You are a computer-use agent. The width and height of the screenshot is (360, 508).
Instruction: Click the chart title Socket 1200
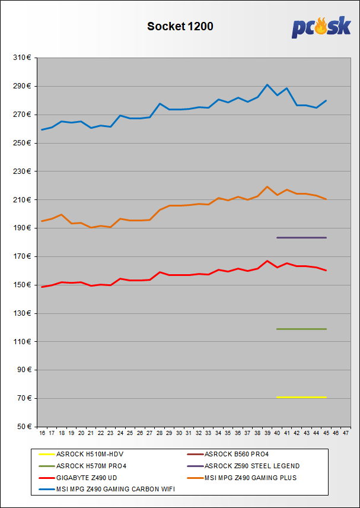point(180,26)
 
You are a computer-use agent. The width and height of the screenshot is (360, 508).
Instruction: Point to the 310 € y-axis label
point(21,58)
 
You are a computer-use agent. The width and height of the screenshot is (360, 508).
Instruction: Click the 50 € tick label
point(23,427)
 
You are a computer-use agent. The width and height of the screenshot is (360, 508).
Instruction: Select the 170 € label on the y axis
point(21,256)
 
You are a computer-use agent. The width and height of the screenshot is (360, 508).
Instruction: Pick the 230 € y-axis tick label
point(21,172)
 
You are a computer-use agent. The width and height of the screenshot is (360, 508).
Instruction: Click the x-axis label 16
point(42,434)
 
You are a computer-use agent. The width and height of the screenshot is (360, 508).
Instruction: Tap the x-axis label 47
point(346,434)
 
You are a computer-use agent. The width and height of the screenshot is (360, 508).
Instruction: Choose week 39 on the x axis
point(267,434)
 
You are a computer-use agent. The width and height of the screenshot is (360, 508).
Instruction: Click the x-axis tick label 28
point(160,434)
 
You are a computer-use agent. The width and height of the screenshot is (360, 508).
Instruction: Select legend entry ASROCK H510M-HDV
point(87,454)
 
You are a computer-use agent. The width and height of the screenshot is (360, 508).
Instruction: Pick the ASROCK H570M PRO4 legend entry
point(88,466)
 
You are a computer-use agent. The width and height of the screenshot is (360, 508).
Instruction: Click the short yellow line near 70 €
point(301,397)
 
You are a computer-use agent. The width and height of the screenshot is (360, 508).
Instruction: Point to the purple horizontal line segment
point(301,237)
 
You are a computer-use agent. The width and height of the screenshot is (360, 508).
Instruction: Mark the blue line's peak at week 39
point(267,85)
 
